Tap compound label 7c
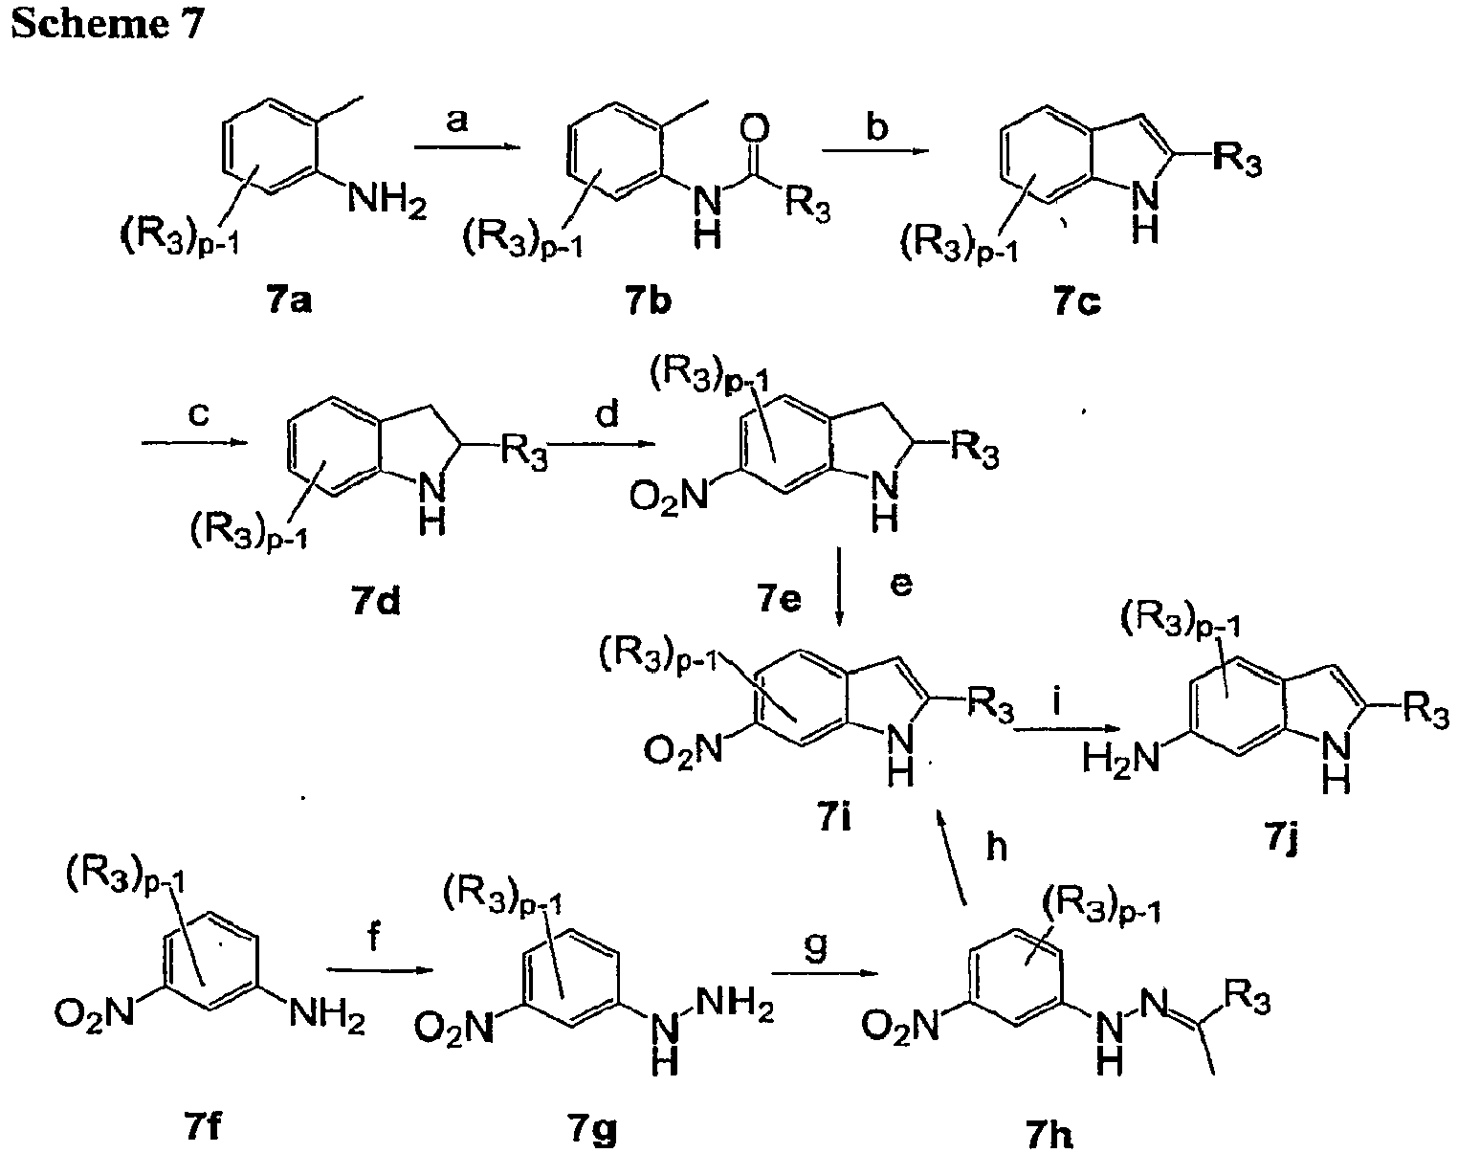(1077, 302)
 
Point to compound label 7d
(377, 601)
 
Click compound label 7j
(1280, 840)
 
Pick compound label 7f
(203, 1126)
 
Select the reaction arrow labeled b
(874, 150)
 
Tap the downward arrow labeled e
(839, 587)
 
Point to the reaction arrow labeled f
(380, 970)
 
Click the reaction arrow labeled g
(826, 974)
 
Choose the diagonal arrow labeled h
(951, 856)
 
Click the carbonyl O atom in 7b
(756, 130)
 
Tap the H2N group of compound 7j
(1121, 758)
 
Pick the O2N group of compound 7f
(95, 1014)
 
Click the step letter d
(607, 412)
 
